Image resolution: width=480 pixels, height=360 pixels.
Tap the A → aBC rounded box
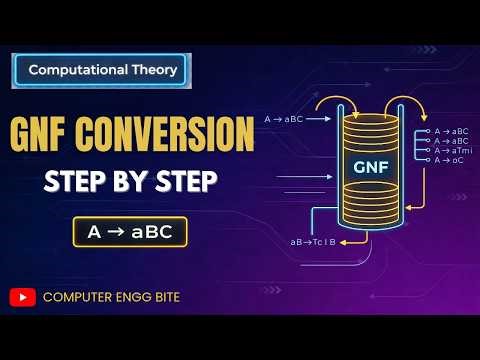point(129,232)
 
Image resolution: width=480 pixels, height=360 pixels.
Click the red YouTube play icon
point(22,297)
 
